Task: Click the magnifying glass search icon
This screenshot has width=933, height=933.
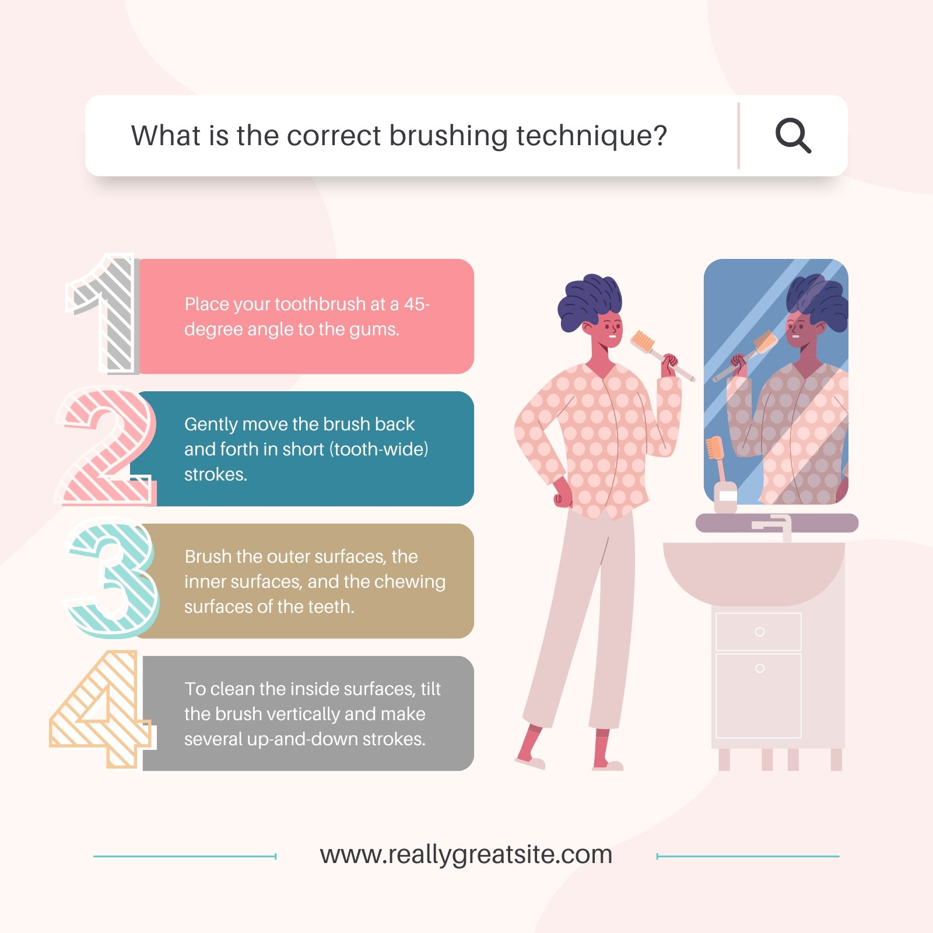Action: [x=793, y=136]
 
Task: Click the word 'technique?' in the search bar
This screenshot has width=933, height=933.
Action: [x=592, y=136]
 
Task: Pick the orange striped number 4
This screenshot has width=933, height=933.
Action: [x=103, y=709]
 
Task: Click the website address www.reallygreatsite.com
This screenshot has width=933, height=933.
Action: [x=466, y=855]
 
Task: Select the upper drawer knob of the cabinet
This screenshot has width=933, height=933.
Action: [x=759, y=632]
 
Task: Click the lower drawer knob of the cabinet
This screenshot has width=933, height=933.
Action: [x=759, y=668]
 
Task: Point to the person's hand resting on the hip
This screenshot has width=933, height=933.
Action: [x=562, y=493]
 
